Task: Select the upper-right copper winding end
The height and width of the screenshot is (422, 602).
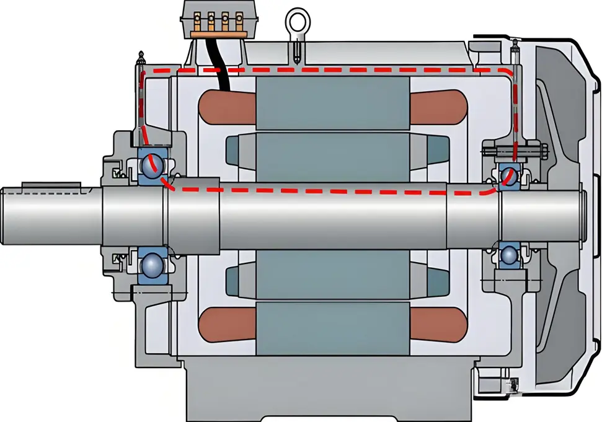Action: coord(437,108)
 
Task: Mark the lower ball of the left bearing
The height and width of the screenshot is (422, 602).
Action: coord(151,265)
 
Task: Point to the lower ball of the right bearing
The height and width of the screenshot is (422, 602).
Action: coord(509,254)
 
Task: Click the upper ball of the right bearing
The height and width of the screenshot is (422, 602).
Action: coord(509,175)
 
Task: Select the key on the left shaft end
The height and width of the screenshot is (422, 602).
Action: coord(51,185)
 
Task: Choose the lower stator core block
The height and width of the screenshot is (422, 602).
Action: coord(332,328)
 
